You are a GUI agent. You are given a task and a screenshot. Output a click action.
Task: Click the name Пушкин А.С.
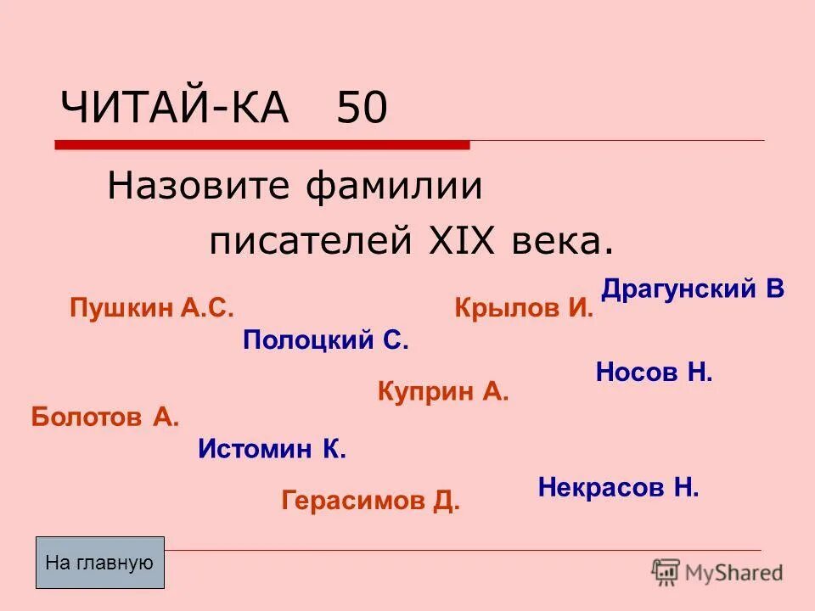click(151, 308)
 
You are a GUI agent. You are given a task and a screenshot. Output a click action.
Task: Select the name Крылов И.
click(524, 308)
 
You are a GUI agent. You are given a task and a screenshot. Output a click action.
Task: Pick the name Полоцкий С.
click(326, 341)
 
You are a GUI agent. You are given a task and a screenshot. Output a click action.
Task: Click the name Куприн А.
click(442, 391)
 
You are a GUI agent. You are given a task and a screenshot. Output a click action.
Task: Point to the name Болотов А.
click(105, 417)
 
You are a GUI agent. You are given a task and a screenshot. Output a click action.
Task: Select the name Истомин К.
click(272, 449)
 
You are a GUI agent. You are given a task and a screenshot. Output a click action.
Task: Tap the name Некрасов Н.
click(618, 487)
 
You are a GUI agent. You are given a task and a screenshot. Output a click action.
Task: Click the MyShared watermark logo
click(717, 572)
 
